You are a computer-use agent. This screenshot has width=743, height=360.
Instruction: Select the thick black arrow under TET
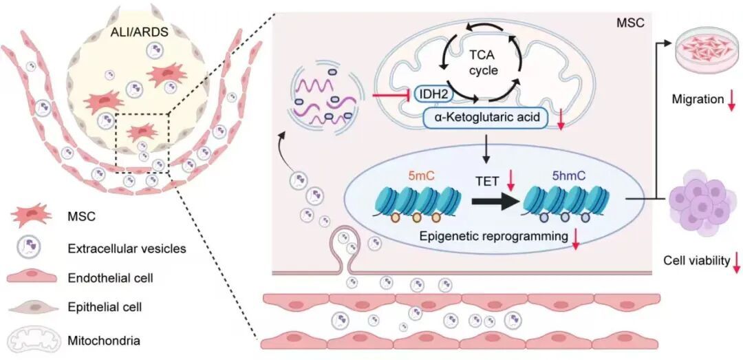click(x=495, y=204)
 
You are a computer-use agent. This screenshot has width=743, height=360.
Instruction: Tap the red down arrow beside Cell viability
click(x=736, y=261)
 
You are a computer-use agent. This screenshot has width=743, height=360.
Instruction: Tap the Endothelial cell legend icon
click(x=33, y=278)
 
